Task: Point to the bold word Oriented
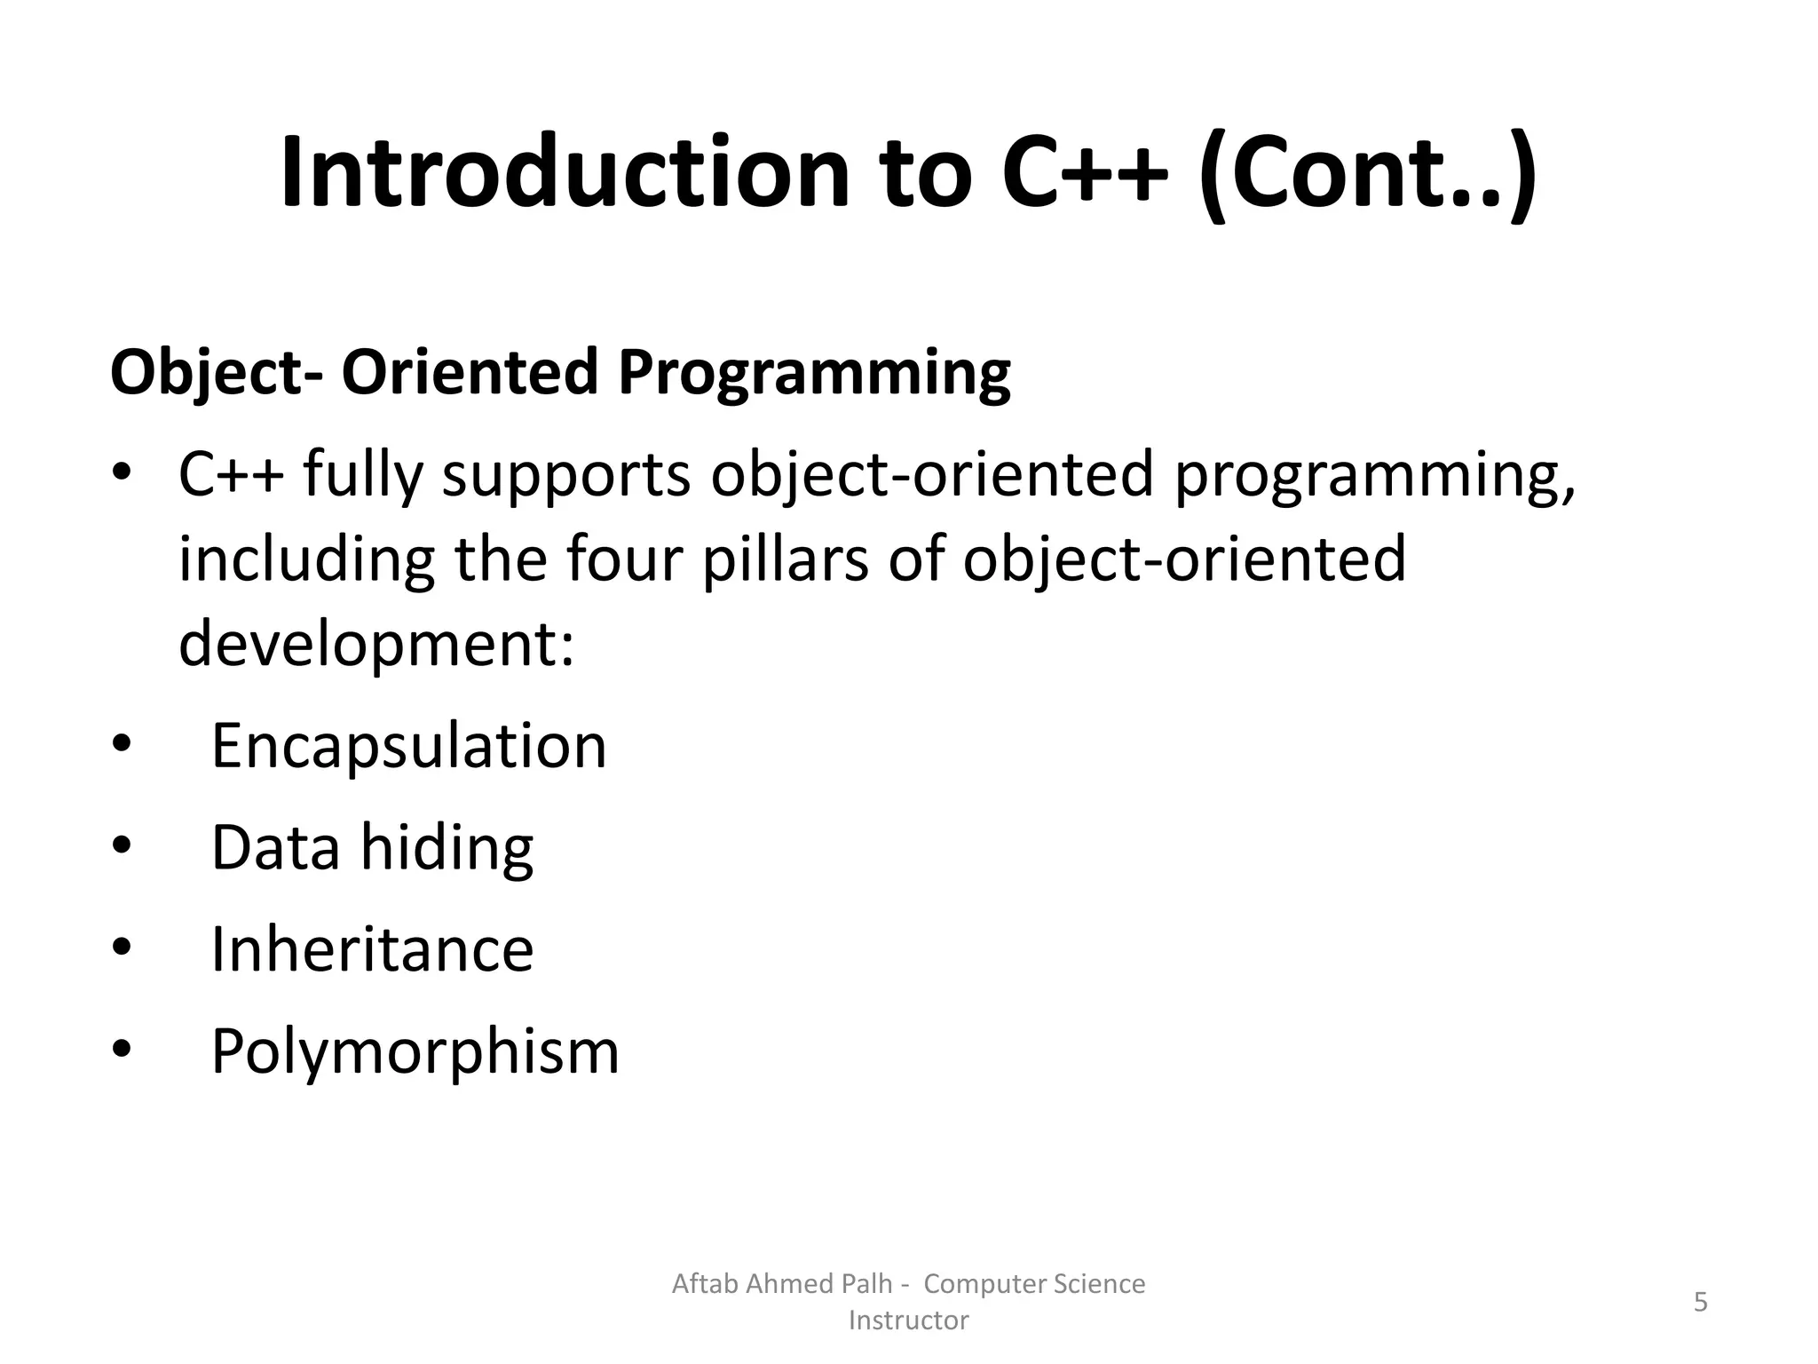[x=470, y=372]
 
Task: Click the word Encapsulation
[x=408, y=746]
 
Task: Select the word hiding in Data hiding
[x=447, y=848]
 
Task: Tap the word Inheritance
[x=372, y=949]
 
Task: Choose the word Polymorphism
[x=415, y=1051]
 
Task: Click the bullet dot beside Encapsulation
[x=122, y=747]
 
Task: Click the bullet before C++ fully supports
[x=122, y=475]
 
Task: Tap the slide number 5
[x=1700, y=1303]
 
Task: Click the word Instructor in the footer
[x=908, y=1320]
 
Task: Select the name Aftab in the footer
[x=706, y=1284]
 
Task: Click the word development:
[x=376, y=643]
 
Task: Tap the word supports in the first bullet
[x=566, y=475]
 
